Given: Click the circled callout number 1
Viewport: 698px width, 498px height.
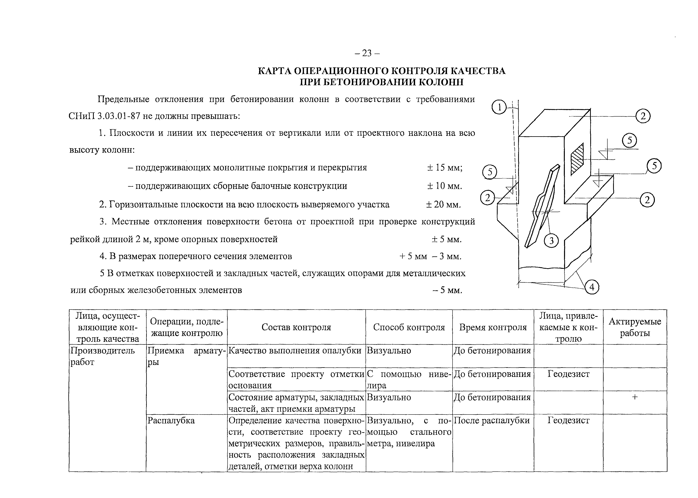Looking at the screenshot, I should [499, 107].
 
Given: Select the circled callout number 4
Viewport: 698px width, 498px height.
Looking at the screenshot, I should [592, 287].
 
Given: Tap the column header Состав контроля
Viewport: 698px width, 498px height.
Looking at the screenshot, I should [296, 327].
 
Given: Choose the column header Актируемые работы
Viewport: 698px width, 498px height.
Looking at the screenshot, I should [635, 327].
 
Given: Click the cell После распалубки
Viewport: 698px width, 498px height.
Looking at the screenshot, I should [492, 420].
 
